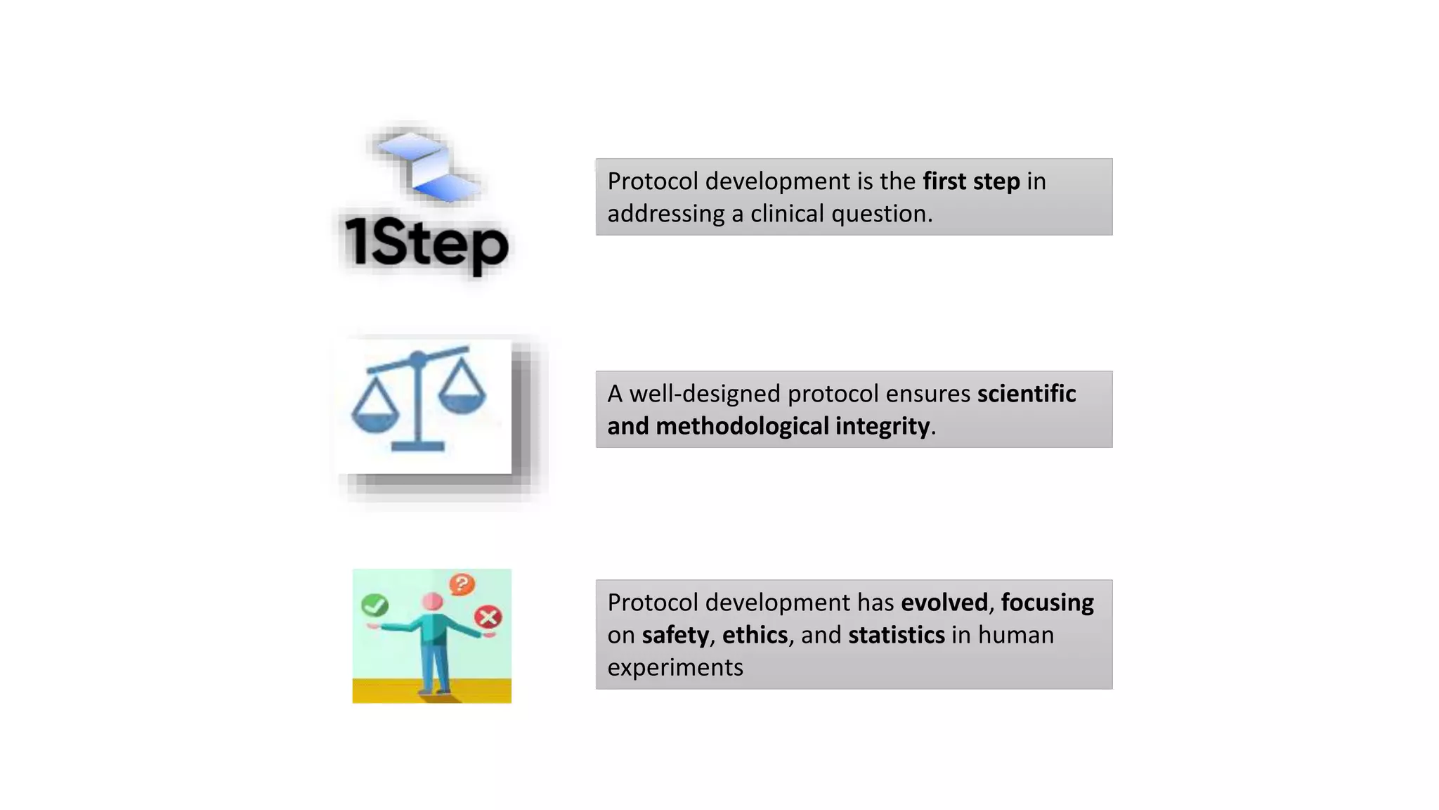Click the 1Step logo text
tap(426, 243)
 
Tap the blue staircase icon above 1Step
tap(427, 166)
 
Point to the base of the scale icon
tap(417, 446)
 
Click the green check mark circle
tap(375, 605)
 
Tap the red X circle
tap(488, 617)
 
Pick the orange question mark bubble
tap(462, 584)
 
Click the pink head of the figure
tap(432, 602)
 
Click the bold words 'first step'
tap(971, 181)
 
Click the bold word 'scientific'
tap(1026, 394)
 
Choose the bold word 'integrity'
tap(883, 426)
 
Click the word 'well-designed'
tap(705, 394)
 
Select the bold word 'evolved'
tap(944, 603)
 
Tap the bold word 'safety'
tap(675, 635)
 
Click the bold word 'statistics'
tap(896, 635)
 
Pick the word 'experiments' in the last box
tap(675, 667)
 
